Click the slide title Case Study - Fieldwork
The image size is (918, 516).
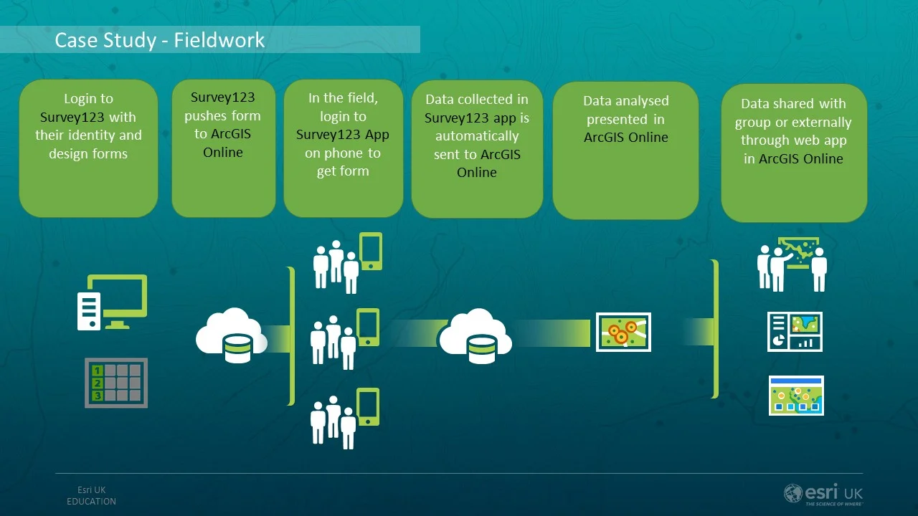pyautogui.click(x=160, y=40)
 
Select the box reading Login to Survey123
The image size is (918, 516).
pyautogui.click(x=88, y=148)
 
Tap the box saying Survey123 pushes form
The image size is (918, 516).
pyautogui.click(x=223, y=148)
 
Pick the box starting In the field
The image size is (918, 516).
pyautogui.click(x=343, y=148)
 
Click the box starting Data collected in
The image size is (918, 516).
pyautogui.click(x=477, y=148)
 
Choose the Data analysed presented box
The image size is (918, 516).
pyautogui.click(x=625, y=150)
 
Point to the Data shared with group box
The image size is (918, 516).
pyautogui.click(x=794, y=152)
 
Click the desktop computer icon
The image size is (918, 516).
pyautogui.click(x=113, y=302)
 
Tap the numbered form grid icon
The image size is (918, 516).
pyautogui.click(x=116, y=383)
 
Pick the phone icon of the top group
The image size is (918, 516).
pyautogui.click(x=371, y=251)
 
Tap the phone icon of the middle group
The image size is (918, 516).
pyautogui.click(x=368, y=328)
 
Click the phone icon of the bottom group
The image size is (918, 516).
pyautogui.click(x=368, y=407)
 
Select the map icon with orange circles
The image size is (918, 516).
pyautogui.click(x=623, y=332)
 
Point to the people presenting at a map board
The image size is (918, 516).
pyautogui.click(x=792, y=264)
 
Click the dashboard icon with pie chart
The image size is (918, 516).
pyautogui.click(x=795, y=332)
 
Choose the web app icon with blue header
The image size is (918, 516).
pyautogui.click(x=796, y=396)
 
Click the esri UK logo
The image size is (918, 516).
pyautogui.click(x=823, y=494)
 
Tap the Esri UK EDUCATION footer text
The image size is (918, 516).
pyautogui.click(x=91, y=496)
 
